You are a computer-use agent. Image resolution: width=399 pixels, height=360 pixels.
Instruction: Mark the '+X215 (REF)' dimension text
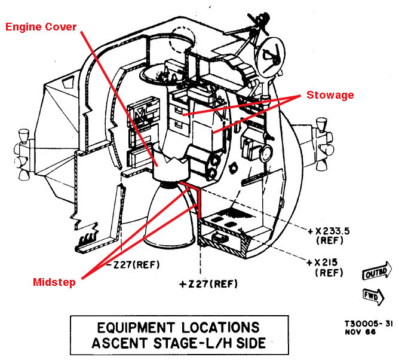coord(324,267)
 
